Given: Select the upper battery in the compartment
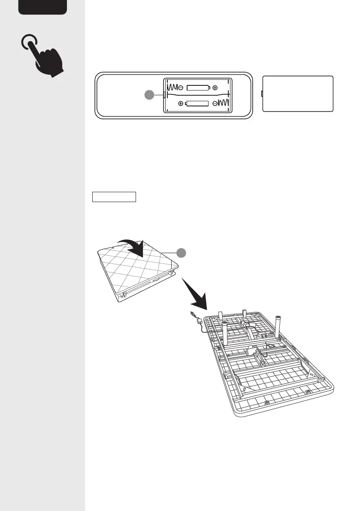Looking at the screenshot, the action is (x=198, y=88).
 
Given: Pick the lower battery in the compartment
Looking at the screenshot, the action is (x=197, y=103).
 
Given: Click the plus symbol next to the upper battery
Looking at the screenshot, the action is (x=215, y=88).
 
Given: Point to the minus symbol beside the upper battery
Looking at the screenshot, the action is (x=181, y=88).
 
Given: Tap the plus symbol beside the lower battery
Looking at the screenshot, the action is (x=181, y=103).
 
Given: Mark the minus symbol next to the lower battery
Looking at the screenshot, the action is (x=214, y=103).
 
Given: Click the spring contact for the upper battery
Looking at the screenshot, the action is (x=171, y=87).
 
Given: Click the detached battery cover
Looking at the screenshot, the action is (x=298, y=94).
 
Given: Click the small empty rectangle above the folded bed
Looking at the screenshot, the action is (x=114, y=197).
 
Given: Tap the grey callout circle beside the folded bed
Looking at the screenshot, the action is (x=182, y=252).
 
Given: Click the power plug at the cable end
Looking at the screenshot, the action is (x=192, y=315).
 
